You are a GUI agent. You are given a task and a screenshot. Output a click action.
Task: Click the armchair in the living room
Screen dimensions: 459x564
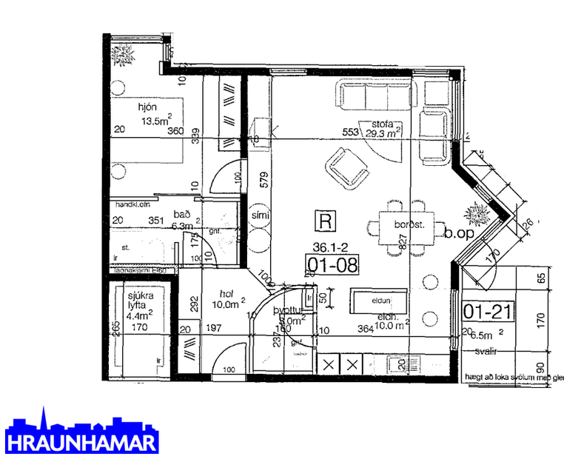pyautogui.click(x=346, y=168)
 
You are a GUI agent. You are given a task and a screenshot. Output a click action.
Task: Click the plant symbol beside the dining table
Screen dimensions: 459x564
pyautogui.click(x=475, y=216)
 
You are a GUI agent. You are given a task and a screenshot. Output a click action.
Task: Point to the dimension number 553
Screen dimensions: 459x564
pyautogui.click(x=350, y=133)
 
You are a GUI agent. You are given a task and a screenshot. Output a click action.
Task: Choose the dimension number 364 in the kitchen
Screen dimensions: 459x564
pyautogui.click(x=366, y=329)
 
